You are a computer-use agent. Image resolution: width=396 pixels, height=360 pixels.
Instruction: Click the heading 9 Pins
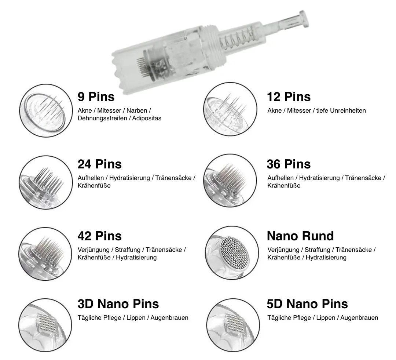tap(96, 97)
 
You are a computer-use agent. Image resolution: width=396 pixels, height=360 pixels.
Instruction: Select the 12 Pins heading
tap(289, 97)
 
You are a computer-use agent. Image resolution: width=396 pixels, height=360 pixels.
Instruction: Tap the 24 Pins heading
tap(99, 164)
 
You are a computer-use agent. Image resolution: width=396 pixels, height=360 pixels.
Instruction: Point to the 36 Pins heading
tap(289, 164)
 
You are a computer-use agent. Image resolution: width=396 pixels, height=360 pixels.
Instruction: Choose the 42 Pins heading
tap(99, 236)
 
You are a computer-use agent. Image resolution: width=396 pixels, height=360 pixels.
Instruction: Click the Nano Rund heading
tap(300, 236)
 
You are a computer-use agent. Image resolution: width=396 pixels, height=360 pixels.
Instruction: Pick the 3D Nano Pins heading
tap(118, 304)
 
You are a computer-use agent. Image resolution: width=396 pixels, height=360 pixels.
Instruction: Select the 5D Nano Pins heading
tap(307, 304)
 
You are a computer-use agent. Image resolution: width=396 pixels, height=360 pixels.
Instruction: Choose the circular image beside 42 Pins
tap(45, 254)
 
